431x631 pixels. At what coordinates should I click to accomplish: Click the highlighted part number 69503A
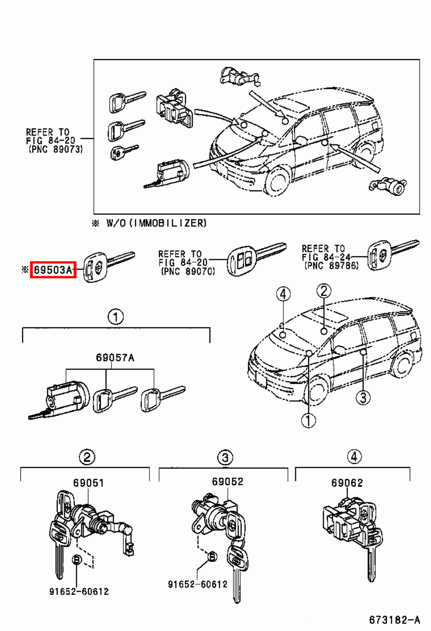pyautogui.click(x=53, y=270)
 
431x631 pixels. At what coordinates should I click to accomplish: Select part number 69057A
pyautogui.click(x=115, y=358)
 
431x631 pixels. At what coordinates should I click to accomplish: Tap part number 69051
pyautogui.click(x=88, y=483)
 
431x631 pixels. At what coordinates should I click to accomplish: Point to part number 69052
pyautogui.click(x=227, y=482)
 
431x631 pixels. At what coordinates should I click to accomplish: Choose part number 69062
pyautogui.click(x=347, y=483)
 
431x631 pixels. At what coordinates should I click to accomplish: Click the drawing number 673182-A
pyautogui.click(x=394, y=620)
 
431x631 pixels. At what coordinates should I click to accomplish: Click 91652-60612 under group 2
pyautogui.click(x=79, y=592)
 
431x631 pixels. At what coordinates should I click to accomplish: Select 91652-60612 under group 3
pyautogui.click(x=198, y=584)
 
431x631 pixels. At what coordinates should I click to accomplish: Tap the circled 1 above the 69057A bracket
pyautogui.click(x=115, y=317)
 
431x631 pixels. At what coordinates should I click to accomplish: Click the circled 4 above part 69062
pyautogui.click(x=354, y=457)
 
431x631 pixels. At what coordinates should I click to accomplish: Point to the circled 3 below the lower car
pyautogui.click(x=363, y=398)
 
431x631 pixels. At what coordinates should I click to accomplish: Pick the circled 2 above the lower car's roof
pyautogui.click(x=323, y=291)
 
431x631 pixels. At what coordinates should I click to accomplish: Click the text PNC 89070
pyautogui.click(x=188, y=271)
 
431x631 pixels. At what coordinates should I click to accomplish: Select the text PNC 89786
pyautogui.click(x=331, y=266)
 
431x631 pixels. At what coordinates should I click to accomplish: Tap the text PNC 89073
pyautogui.click(x=56, y=149)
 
